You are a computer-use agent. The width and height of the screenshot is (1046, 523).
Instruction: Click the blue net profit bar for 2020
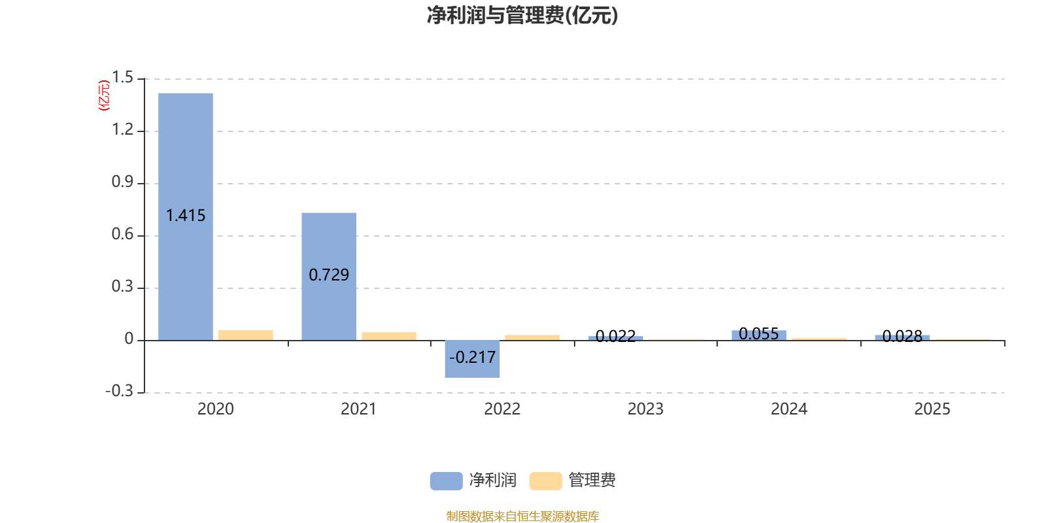click(x=186, y=216)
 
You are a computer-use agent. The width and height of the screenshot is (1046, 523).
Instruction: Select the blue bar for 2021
click(x=329, y=277)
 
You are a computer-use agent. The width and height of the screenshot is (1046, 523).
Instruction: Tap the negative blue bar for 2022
click(x=472, y=359)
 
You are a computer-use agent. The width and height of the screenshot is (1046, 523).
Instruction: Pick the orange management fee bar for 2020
click(x=246, y=335)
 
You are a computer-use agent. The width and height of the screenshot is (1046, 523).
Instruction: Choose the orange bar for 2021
click(x=389, y=336)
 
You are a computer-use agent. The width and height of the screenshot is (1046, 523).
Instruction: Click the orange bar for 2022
click(x=532, y=337)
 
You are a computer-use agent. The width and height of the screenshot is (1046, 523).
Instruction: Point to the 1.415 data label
click(x=186, y=216)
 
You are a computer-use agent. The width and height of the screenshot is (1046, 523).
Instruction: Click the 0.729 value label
click(x=329, y=275)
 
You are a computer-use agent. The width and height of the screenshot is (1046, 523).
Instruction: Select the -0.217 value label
click(x=472, y=358)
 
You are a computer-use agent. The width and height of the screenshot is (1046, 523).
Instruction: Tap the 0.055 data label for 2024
click(x=759, y=334)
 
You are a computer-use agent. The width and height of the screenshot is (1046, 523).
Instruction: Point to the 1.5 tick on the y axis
click(x=122, y=78)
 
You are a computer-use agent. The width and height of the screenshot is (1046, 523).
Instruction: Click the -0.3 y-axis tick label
click(x=119, y=391)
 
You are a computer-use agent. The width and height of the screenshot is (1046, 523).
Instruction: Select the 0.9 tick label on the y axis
click(x=122, y=182)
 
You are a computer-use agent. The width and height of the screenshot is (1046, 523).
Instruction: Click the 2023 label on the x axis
click(x=645, y=409)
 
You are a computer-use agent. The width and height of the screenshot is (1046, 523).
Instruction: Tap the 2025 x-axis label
click(x=932, y=409)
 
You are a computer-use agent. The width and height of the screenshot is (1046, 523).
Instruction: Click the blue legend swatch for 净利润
click(x=447, y=481)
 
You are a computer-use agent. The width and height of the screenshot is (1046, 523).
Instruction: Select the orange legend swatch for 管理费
click(x=546, y=481)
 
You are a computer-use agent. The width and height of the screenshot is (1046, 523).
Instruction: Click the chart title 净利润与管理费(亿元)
click(x=522, y=15)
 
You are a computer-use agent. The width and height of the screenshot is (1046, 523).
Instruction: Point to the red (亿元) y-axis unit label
click(x=104, y=95)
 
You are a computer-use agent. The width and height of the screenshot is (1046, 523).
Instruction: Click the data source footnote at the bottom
click(x=523, y=516)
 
